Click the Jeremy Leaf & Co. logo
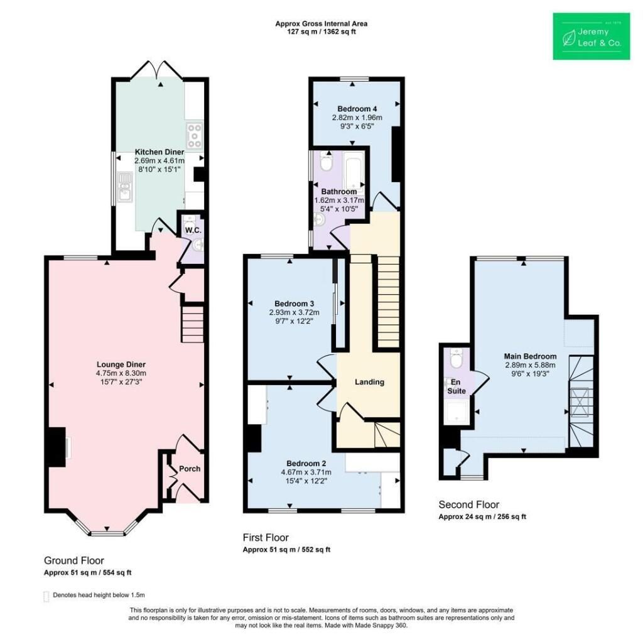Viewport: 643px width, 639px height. pyautogui.click(x=592, y=36)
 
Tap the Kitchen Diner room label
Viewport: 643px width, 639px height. pyautogui.click(x=159, y=152)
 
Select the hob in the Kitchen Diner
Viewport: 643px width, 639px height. pyautogui.click(x=195, y=136)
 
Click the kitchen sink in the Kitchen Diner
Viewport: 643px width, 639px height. pyautogui.click(x=124, y=188)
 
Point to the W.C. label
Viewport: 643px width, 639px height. pyautogui.click(x=193, y=230)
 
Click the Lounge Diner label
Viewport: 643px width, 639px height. pyautogui.click(x=121, y=364)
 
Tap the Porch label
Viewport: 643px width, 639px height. pyautogui.click(x=190, y=469)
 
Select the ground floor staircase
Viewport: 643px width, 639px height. pyautogui.click(x=192, y=324)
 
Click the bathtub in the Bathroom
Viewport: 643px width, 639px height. pyautogui.click(x=354, y=169)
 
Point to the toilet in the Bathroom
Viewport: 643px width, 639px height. pyautogui.click(x=327, y=161)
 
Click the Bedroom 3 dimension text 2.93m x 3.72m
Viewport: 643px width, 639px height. pyautogui.click(x=294, y=312)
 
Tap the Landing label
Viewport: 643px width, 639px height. pyautogui.click(x=369, y=382)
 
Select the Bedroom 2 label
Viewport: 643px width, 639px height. pyautogui.click(x=306, y=464)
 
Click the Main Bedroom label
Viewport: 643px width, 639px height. pyautogui.click(x=530, y=356)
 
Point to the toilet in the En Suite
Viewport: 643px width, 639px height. pyautogui.click(x=456, y=358)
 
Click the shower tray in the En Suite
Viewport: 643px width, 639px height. pyautogui.click(x=455, y=412)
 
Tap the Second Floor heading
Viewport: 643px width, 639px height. pyautogui.click(x=469, y=505)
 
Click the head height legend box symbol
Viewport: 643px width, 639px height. pyautogui.click(x=46, y=596)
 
